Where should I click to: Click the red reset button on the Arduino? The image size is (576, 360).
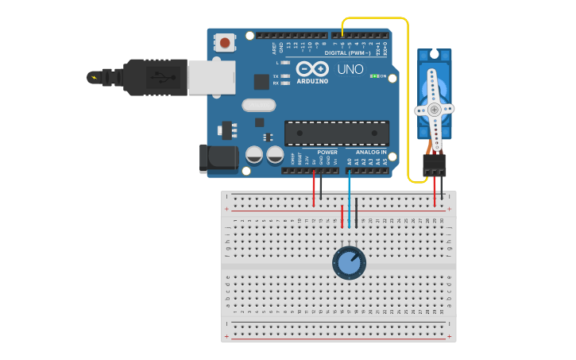click(226, 42)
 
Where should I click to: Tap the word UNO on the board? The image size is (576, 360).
click(350, 69)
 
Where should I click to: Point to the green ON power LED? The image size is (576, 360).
click(373, 76)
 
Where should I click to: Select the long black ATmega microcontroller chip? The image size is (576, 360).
click(337, 134)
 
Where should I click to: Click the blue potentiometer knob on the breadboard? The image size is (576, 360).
click(349, 263)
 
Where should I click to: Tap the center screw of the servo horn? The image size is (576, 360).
click(434, 110)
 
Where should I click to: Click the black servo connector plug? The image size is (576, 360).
click(435, 165)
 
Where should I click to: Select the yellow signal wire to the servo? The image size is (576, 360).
click(408, 95)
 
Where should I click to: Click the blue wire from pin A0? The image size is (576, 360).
click(349, 199)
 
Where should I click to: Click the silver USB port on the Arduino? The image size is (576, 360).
click(211, 77)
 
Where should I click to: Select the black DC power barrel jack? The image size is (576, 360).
click(218, 159)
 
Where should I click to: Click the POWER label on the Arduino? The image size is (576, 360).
click(327, 152)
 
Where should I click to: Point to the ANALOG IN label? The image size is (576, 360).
click(371, 152)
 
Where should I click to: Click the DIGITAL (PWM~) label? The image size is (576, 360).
click(346, 53)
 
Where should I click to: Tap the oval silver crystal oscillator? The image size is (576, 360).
click(258, 105)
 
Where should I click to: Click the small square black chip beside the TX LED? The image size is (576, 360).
click(261, 81)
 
